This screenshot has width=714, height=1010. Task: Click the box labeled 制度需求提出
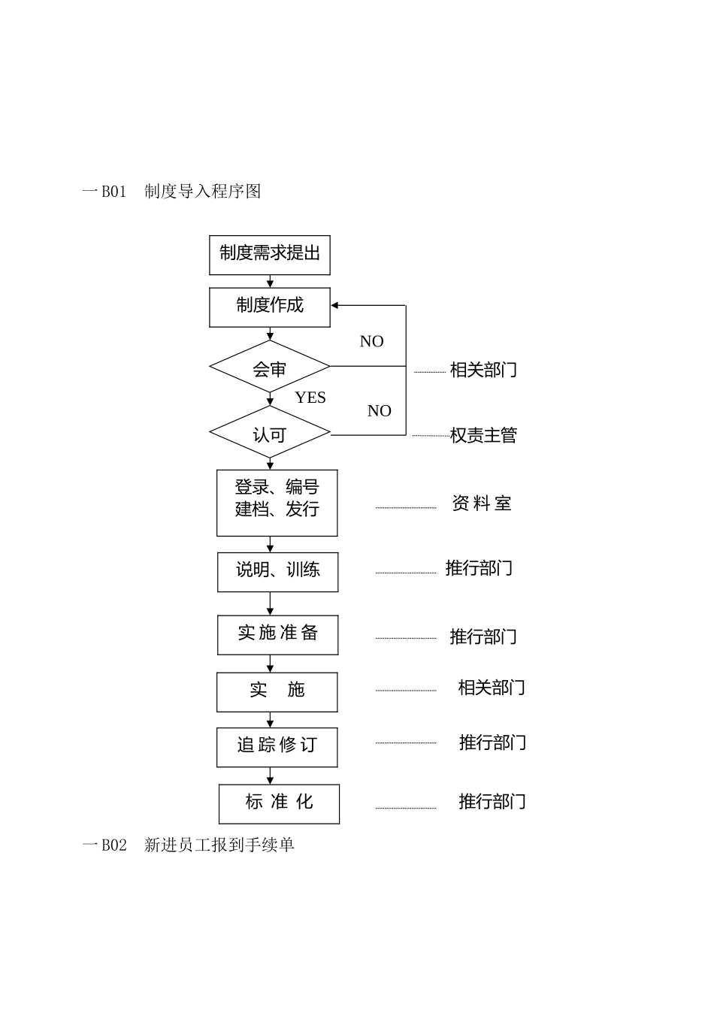tap(269, 255)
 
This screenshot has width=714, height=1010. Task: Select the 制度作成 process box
tap(269, 307)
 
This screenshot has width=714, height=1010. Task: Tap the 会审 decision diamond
tap(269, 367)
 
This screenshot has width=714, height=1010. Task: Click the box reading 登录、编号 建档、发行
tap(277, 502)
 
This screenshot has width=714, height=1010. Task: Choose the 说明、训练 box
tap(277, 572)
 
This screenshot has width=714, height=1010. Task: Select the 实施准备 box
tap(277, 634)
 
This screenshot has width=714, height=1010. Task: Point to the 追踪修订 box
tap(277, 746)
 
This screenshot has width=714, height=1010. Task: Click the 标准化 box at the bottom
tap(279, 803)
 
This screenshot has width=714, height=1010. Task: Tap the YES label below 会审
tap(310, 398)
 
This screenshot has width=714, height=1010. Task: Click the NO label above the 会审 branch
tap(371, 341)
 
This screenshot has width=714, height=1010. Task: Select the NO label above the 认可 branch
tap(379, 411)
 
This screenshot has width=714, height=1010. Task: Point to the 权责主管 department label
tap(483, 435)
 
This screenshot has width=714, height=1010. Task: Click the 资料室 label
tap(482, 503)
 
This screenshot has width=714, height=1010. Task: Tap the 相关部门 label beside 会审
tap(483, 370)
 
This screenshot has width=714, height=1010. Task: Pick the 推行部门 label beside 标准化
tap(492, 802)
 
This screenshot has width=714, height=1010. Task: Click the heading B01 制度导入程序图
tap(172, 192)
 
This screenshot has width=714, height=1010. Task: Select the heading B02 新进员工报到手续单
tap(189, 845)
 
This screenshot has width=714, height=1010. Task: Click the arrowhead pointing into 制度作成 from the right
tap(335, 306)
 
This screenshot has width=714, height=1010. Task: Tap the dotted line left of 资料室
tap(406, 508)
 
